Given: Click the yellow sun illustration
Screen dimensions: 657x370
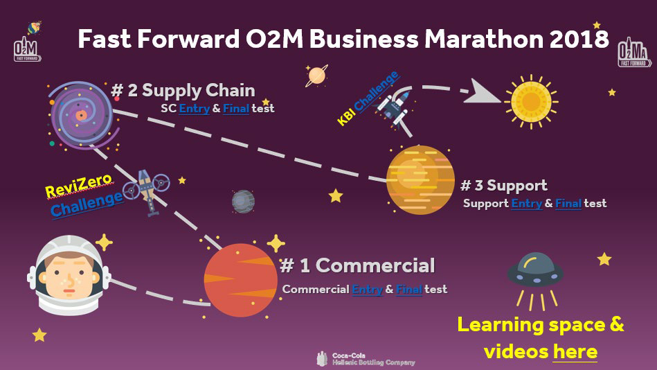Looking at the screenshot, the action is [531, 102].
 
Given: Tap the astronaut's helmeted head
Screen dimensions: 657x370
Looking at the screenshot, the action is [69, 275].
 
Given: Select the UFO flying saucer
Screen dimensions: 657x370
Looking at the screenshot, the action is [535, 270].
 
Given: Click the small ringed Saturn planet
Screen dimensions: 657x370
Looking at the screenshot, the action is [316, 76].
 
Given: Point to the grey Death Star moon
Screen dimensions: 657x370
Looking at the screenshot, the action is [243, 202].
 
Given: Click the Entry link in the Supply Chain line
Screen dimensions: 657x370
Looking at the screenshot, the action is [195, 109].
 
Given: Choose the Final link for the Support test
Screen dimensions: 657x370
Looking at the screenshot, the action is [568, 204].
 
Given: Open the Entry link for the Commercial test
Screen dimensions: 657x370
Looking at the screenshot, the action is [368, 290].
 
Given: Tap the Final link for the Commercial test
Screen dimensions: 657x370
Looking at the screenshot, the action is [409, 290].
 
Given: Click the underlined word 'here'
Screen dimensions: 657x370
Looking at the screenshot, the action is [575, 351].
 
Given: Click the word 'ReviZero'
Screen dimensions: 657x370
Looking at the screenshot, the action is [79, 186].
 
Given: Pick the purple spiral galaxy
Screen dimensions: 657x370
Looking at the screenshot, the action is [82, 115].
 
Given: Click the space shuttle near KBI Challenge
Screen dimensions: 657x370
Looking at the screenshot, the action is [395, 107].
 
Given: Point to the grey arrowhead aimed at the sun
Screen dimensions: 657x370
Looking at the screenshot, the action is [482, 92].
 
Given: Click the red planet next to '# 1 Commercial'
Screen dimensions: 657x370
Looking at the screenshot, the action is [240, 280].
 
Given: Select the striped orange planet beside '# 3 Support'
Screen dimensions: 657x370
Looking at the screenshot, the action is [420, 180].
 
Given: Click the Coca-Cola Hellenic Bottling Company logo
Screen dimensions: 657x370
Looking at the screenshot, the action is [366, 359].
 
